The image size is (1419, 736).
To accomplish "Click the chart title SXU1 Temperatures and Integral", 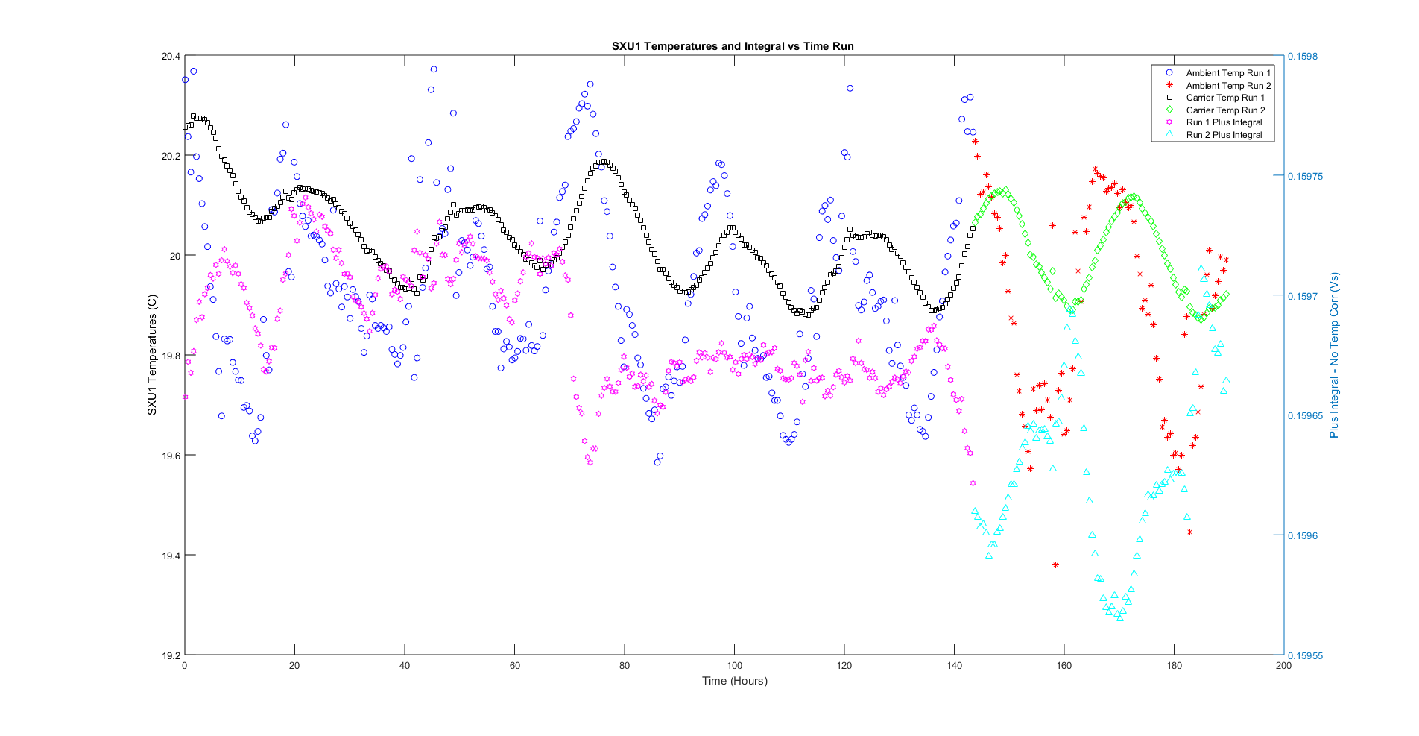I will pyautogui.click(x=733, y=46).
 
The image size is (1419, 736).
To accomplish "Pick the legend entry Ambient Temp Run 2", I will pyautogui.click(x=1227, y=86).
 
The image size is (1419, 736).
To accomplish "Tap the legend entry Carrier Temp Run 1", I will pyautogui.click(x=1224, y=98).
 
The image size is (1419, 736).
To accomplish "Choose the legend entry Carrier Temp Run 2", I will pyautogui.click(x=1224, y=110).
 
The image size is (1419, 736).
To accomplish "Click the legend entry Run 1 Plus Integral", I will pyautogui.click(x=1224, y=122).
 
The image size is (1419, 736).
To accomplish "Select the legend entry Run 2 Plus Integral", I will pyautogui.click(x=1224, y=135).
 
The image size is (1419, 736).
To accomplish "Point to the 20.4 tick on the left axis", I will pyautogui.click(x=171, y=57).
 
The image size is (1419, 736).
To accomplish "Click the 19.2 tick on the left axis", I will pyautogui.click(x=171, y=655).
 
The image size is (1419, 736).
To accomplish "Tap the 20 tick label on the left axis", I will pyautogui.click(x=174, y=256).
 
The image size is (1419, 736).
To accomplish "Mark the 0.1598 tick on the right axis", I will pyautogui.click(x=1303, y=57).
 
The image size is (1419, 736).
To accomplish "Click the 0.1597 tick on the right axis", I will pyautogui.click(x=1303, y=296).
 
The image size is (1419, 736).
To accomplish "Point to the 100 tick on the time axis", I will pyautogui.click(x=734, y=666).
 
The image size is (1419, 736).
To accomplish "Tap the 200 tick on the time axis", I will pyautogui.click(x=1283, y=666).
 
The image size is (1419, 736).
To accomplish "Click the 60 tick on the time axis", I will pyautogui.click(x=514, y=666).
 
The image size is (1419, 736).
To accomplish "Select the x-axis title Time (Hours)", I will pyautogui.click(x=734, y=681).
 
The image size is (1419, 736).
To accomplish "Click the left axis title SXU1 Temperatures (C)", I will pyautogui.click(x=152, y=355).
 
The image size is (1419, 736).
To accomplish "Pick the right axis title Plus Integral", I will pyautogui.click(x=1334, y=355).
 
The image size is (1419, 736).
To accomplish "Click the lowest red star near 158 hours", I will pyautogui.click(x=1055, y=564).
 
